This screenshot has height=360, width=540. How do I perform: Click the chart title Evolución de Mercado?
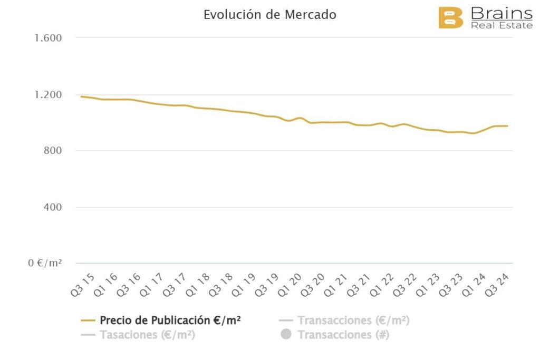(x=269, y=15)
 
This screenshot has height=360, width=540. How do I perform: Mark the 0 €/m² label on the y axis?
(x=45, y=263)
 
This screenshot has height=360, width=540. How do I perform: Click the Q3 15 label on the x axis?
(x=82, y=285)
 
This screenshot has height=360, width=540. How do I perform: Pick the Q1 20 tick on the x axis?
(x=292, y=285)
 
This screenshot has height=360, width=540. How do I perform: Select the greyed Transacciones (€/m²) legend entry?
(x=353, y=320)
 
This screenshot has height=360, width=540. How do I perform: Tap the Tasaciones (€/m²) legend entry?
(x=147, y=335)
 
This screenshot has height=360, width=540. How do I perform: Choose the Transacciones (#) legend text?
(x=343, y=335)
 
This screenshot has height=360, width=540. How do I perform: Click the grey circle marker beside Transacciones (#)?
(x=286, y=334)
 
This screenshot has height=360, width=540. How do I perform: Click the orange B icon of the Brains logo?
(x=450, y=18)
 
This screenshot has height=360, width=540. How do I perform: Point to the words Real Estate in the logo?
(x=502, y=25)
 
